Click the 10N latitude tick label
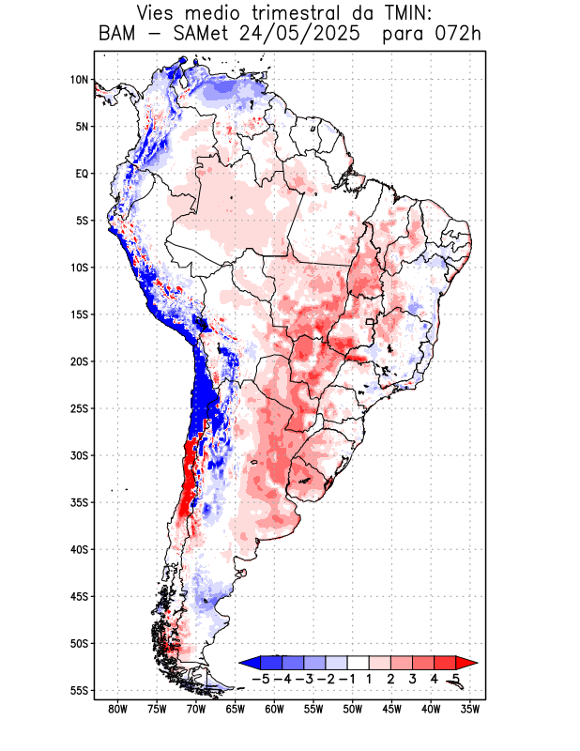coord(78,80)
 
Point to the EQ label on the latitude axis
coord(82,174)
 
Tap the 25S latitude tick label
coord(78,408)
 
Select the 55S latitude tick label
coord(78,690)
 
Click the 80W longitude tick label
coord(118,709)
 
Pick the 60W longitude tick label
coord(275,709)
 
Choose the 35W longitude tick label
coord(470,709)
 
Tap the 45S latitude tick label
coord(78,596)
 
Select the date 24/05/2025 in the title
coord(302,35)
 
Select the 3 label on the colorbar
coord(412,678)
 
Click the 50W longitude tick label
coord(353,709)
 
